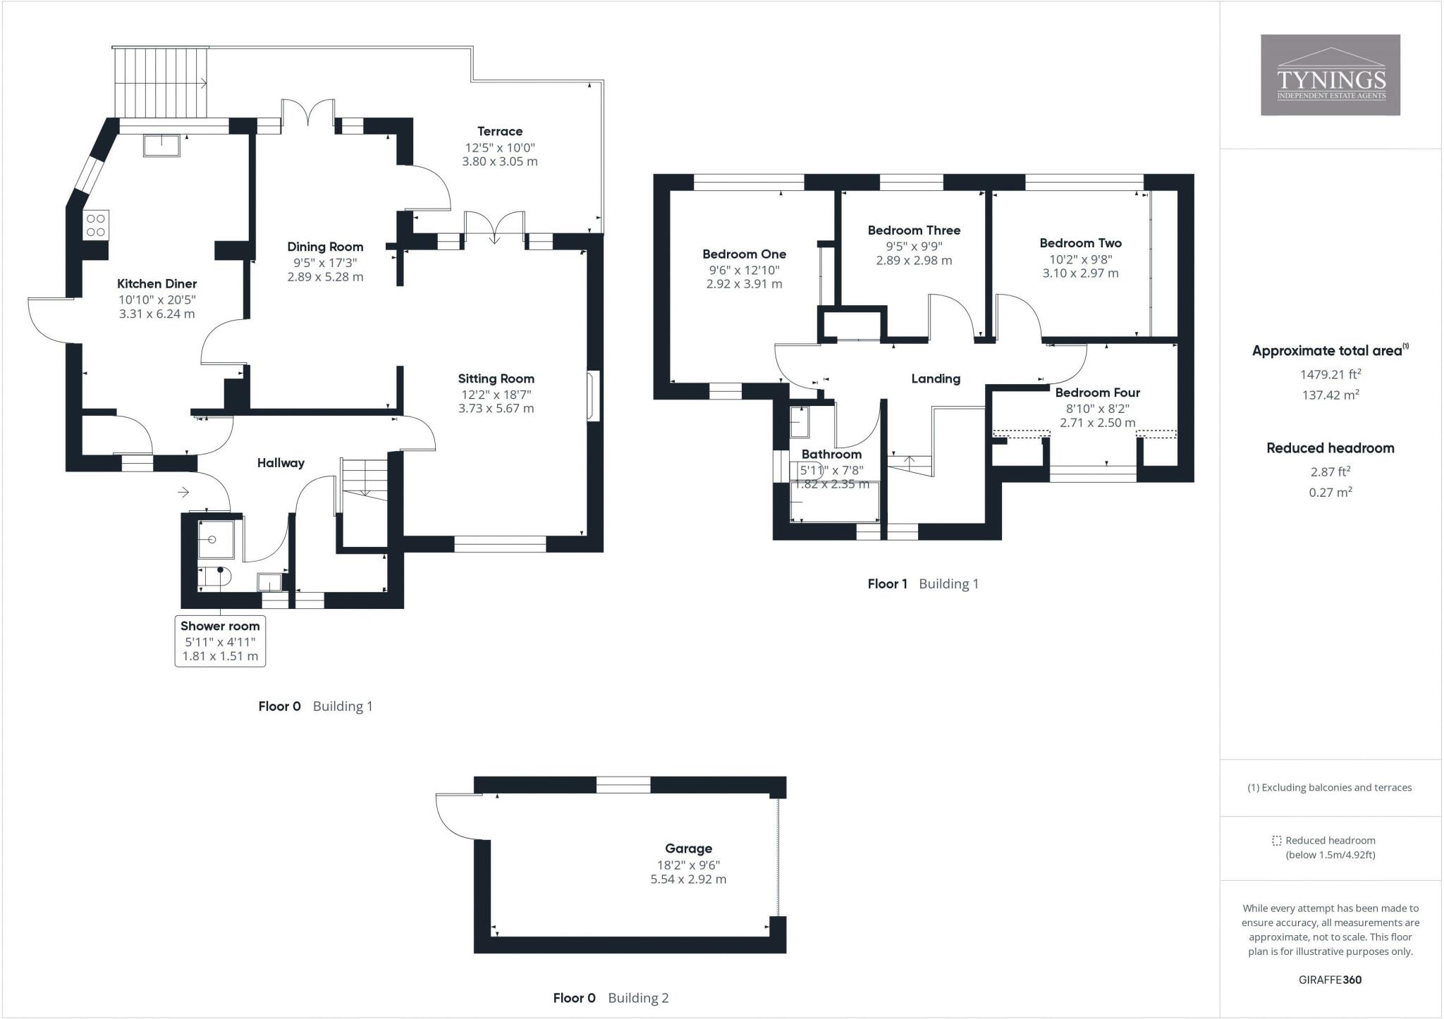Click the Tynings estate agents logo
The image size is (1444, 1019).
coord(1330,75)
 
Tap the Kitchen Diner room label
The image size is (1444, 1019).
coord(157,284)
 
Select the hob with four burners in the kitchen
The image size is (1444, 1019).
coord(96,226)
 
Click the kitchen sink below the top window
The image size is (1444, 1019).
coord(162,144)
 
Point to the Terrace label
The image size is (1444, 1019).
coord(500,131)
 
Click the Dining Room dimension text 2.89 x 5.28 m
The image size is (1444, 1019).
coord(325,277)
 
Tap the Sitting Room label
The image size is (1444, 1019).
coord(496,378)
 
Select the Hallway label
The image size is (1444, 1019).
coord(281,463)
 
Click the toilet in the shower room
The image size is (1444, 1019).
coord(214,577)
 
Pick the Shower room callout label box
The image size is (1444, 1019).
coord(220,641)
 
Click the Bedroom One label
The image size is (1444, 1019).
coord(744,254)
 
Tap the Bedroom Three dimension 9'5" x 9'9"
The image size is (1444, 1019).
coord(914,247)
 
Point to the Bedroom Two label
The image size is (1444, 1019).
coord(1080,243)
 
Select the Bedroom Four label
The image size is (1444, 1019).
coord(1097,393)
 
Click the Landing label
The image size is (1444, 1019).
coord(936,379)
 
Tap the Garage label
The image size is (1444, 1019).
coord(688,848)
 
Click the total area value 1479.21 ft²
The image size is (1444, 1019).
coord(1330,374)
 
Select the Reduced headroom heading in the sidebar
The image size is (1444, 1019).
coord(1330,448)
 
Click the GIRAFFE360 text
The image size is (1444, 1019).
coord(1330,980)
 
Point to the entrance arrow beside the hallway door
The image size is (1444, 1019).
coord(184,492)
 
